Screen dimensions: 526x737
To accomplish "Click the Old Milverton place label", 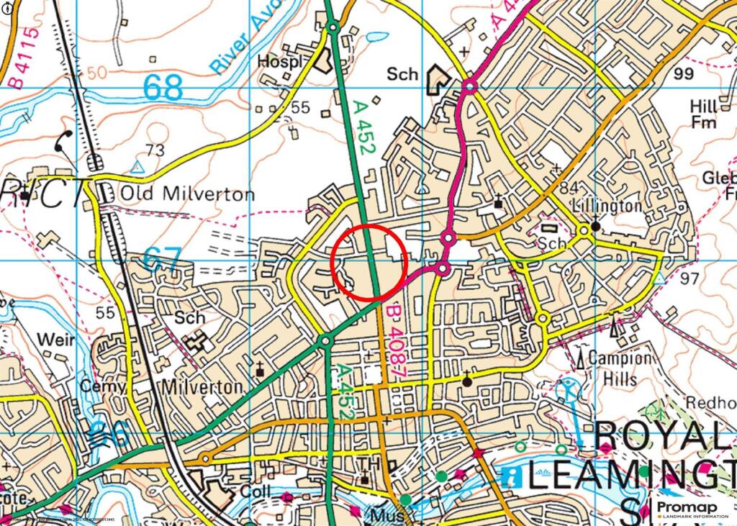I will [x=187, y=194].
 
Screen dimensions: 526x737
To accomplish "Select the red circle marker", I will [x=369, y=262].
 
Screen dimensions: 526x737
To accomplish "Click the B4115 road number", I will [x=21, y=58].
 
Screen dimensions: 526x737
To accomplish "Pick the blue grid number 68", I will [x=163, y=88].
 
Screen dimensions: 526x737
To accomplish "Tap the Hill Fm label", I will [x=703, y=114].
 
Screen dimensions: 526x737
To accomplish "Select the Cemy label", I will [x=97, y=386].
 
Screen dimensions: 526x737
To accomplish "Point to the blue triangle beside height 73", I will [x=137, y=167].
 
